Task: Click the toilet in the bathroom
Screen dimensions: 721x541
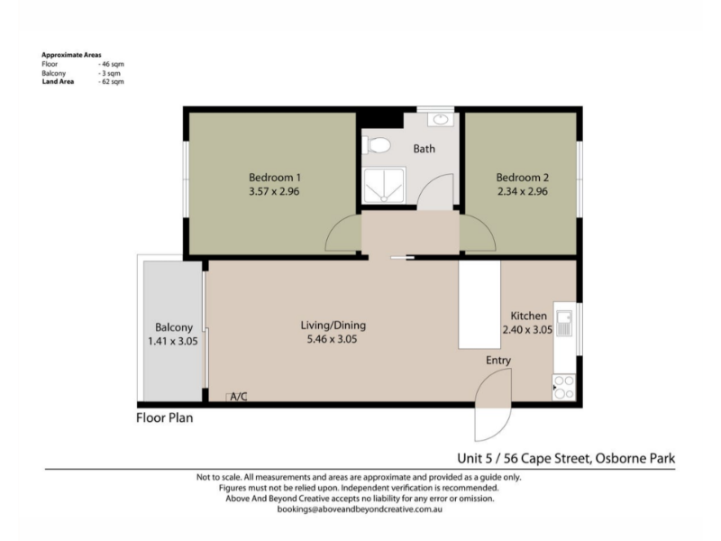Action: click(x=376, y=145)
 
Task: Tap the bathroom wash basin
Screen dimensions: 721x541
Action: click(x=441, y=120)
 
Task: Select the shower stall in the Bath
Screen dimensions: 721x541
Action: click(x=384, y=186)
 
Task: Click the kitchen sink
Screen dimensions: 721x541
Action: click(x=564, y=324)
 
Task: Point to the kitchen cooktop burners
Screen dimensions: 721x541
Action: click(x=564, y=388)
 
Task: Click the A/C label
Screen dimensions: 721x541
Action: click(x=239, y=397)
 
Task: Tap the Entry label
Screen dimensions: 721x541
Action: click(x=498, y=360)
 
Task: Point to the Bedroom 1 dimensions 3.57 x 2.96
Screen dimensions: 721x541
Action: click(x=274, y=191)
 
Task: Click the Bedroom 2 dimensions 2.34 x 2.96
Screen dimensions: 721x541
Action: click(x=523, y=191)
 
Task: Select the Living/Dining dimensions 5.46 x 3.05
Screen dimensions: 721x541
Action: click(x=332, y=340)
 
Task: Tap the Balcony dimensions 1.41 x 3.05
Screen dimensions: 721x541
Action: click(x=173, y=342)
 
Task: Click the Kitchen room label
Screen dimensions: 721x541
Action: click(x=529, y=316)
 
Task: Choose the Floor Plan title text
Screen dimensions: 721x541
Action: click(x=165, y=417)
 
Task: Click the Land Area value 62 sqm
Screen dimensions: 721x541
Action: click(x=111, y=82)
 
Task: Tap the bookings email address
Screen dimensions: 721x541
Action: click(x=360, y=509)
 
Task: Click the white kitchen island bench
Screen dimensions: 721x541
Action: click(x=479, y=305)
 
